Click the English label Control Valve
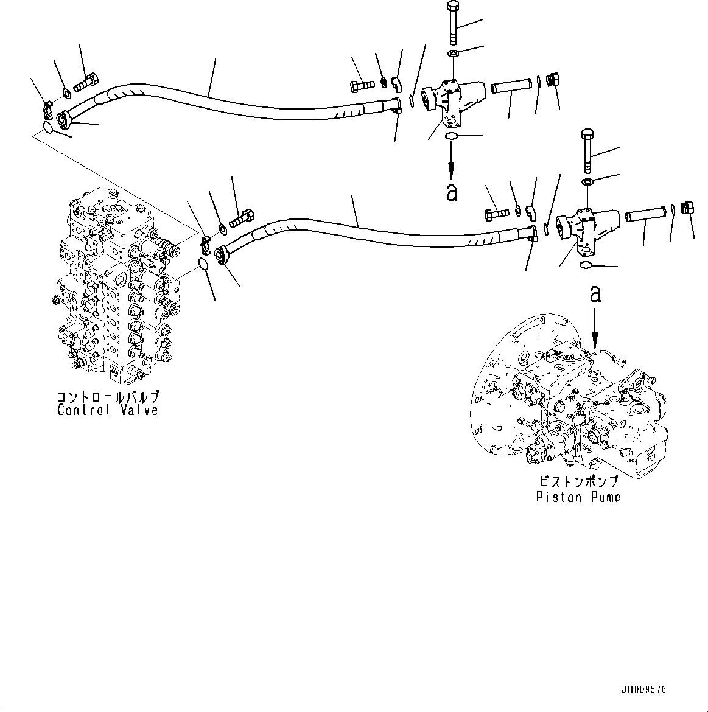[108, 410]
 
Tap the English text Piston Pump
[578, 497]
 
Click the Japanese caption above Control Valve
[108, 397]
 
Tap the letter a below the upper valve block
[451, 192]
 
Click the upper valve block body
[454, 101]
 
